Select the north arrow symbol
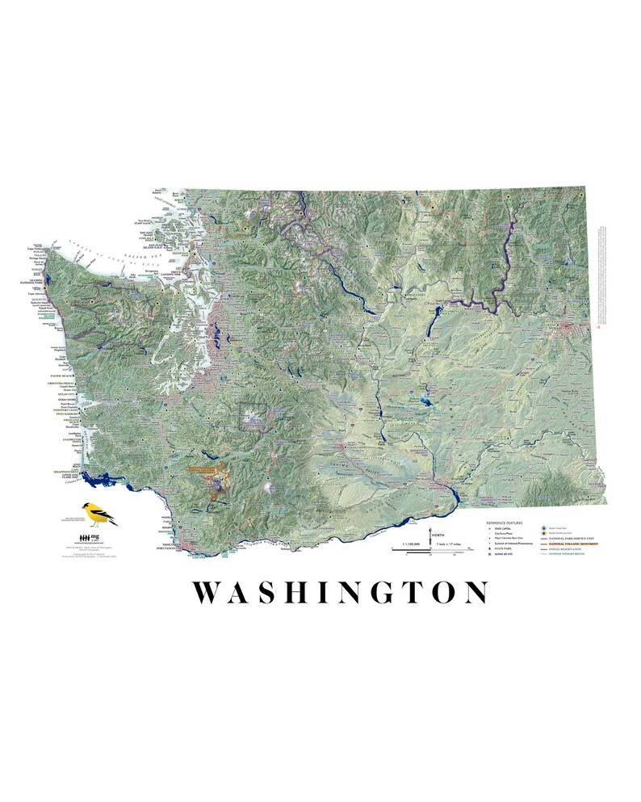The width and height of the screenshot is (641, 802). pos(429,535)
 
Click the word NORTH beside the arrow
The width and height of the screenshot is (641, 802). pos(438,535)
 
